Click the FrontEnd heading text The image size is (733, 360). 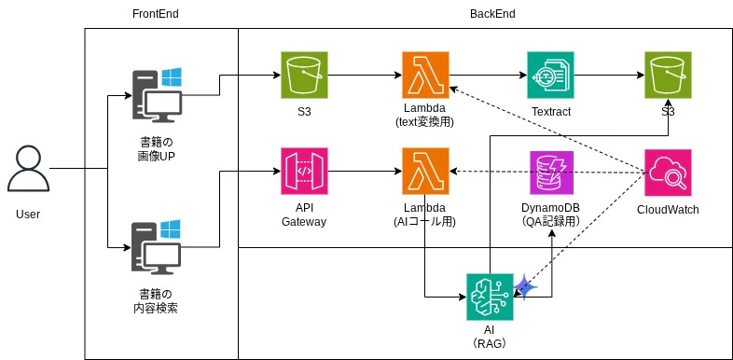pyautogui.click(x=156, y=14)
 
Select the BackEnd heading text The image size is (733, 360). pyautogui.click(x=492, y=14)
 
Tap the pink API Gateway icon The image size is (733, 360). pyautogui.click(x=304, y=172)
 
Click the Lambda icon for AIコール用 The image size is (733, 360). pyautogui.click(x=424, y=172)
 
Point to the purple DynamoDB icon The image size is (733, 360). pyautogui.click(x=550, y=172)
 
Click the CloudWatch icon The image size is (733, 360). pyautogui.click(x=668, y=172)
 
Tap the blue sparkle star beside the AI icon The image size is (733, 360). pyautogui.click(x=525, y=288)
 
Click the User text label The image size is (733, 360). pyautogui.click(x=28, y=215)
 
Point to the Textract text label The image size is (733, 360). pyautogui.click(x=550, y=112)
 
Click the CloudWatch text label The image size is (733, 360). pyautogui.click(x=668, y=209)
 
